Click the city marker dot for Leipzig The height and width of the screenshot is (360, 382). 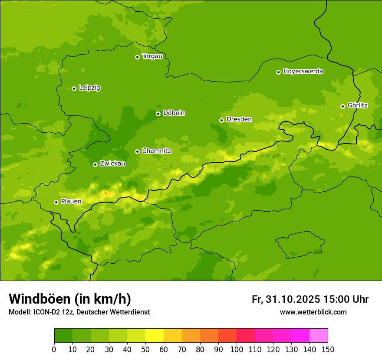(74, 88)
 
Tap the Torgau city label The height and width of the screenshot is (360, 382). (152, 56)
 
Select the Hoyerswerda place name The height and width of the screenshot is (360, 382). (303, 72)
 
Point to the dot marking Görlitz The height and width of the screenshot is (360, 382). (342, 106)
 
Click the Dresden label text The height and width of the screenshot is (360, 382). (239, 119)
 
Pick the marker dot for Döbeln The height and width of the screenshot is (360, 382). (158, 114)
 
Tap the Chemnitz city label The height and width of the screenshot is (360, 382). (156, 151)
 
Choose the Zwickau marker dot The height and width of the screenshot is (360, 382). (95, 164)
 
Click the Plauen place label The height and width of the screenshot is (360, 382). (71, 202)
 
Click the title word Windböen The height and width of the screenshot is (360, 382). (40, 299)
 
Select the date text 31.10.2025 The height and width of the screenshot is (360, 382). (293, 299)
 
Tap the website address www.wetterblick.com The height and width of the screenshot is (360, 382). (313, 312)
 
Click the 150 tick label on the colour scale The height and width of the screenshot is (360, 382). (328, 349)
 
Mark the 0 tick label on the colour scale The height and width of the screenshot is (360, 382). (54, 349)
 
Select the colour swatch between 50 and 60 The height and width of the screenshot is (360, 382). (155, 335)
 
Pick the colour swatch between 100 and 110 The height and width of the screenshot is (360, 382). (246, 335)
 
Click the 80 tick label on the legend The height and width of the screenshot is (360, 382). (200, 349)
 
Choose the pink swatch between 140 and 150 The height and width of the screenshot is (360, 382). (319, 335)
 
